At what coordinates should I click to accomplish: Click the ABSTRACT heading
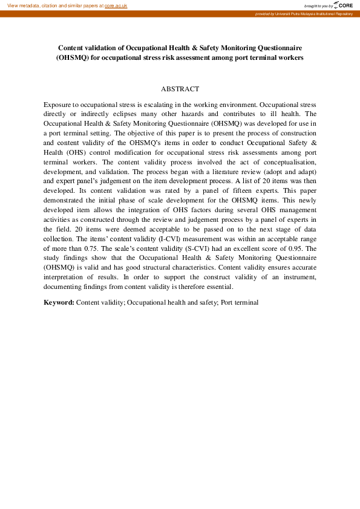pyautogui.click(x=180, y=89)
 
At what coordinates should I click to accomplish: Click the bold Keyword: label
pyautogui.click(x=59, y=302)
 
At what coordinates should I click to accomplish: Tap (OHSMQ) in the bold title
pyautogui.click(x=74, y=57)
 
